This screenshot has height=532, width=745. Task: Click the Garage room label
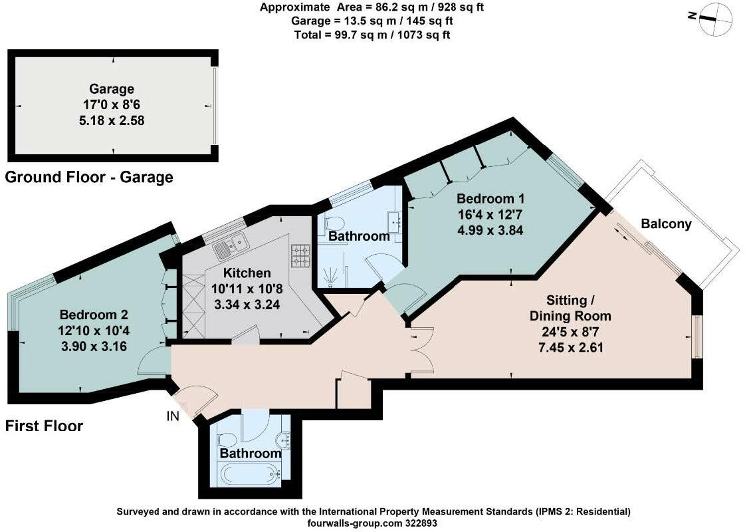click(x=112, y=89)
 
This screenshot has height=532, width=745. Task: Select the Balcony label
click(x=666, y=224)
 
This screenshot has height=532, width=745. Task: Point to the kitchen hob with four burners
click(x=301, y=253)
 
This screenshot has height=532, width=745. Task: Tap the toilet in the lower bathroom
click(x=225, y=440)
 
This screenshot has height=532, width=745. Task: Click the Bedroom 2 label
click(x=94, y=315)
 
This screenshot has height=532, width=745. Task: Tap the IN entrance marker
click(x=173, y=416)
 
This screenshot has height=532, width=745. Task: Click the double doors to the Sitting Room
click(x=421, y=350)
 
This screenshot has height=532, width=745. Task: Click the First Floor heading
click(x=44, y=426)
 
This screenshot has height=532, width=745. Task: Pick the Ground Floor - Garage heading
click(x=89, y=177)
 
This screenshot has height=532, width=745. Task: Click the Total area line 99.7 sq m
click(x=372, y=35)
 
